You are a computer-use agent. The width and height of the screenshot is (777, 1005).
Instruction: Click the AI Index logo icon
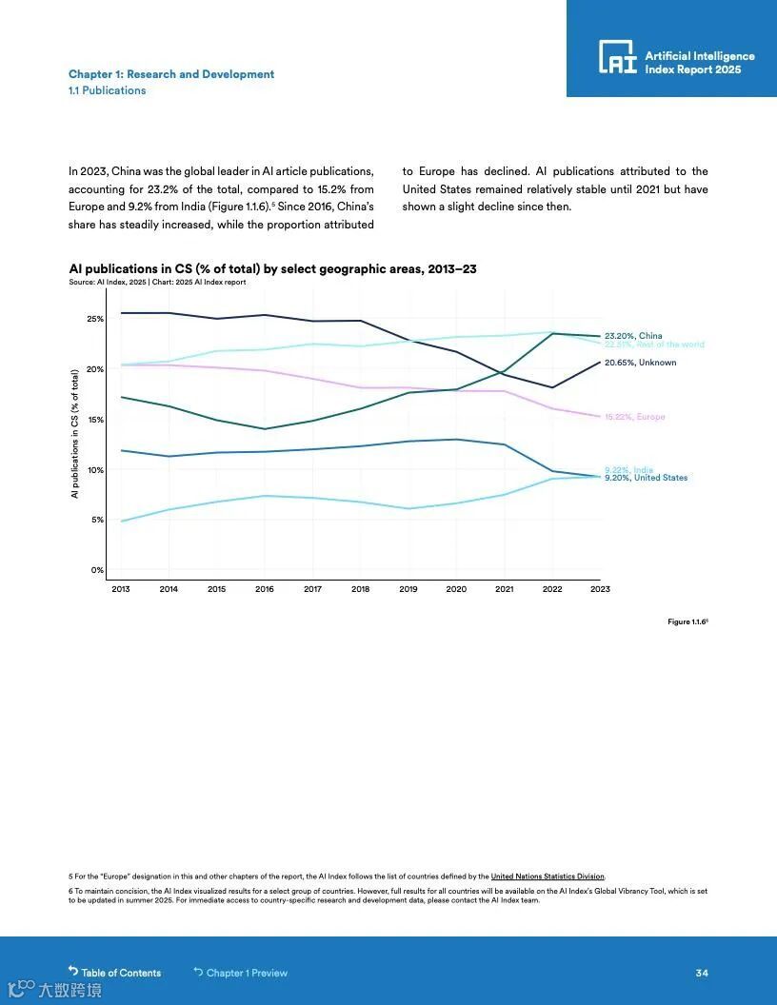click(x=617, y=57)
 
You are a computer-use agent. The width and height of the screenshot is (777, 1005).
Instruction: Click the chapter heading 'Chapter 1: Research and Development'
click(x=171, y=74)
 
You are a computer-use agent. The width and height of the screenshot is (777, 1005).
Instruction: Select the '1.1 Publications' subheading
click(x=108, y=90)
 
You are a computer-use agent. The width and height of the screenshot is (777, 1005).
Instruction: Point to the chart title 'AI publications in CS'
click(x=272, y=269)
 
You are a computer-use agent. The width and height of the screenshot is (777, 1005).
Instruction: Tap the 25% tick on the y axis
click(x=95, y=319)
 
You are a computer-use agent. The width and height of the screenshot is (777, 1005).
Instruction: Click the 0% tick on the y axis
click(x=97, y=570)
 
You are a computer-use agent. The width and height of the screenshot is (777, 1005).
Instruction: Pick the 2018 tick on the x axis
click(x=360, y=589)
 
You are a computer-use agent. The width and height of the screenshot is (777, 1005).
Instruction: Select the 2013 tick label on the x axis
click(x=121, y=589)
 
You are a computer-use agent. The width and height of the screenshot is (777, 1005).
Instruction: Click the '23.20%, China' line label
click(x=633, y=336)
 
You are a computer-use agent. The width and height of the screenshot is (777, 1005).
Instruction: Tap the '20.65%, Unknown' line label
click(x=640, y=363)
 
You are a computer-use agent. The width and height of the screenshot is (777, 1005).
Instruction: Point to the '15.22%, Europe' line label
click(x=634, y=417)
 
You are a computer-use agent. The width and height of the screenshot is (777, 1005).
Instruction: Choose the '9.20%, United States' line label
click(x=646, y=478)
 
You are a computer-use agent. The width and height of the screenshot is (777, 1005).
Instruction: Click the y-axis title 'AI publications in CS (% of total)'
click(x=74, y=434)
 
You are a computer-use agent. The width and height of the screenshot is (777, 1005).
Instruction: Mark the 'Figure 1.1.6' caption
click(x=687, y=621)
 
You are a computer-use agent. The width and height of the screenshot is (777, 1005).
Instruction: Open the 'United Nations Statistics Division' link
click(x=548, y=877)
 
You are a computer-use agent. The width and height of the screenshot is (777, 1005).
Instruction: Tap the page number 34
click(x=702, y=973)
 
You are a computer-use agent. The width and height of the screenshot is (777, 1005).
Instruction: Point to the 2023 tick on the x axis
click(x=600, y=589)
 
